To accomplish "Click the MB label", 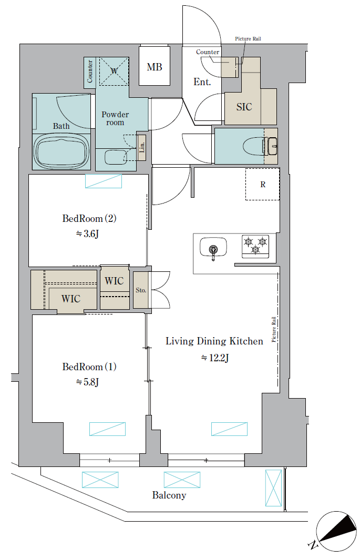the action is click(x=155, y=67).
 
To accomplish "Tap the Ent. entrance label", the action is click(x=202, y=82).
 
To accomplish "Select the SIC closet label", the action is click(x=244, y=107).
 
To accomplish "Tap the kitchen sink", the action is click(x=213, y=247).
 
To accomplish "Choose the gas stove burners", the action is click(x=255, y=246).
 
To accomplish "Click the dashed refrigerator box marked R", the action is click(x=262, y=184).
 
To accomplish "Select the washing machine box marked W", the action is click(x=114, y=72).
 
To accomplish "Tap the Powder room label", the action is click(x=115, y=118).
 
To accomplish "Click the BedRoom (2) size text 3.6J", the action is click(x=87, y=234).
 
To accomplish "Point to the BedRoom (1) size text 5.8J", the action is click(x=87, y=382).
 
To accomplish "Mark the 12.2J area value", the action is click(x=215, y=358).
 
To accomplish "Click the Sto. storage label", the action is click(x=141, y=290).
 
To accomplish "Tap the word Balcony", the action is click(x=169, y=495).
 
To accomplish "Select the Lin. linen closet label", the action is click(x=142, y=147).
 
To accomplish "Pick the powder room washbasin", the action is click(x=116, y=157).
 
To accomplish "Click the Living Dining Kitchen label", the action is click(x=214, y=341).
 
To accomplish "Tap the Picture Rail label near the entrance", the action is click(x=248, y=38).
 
